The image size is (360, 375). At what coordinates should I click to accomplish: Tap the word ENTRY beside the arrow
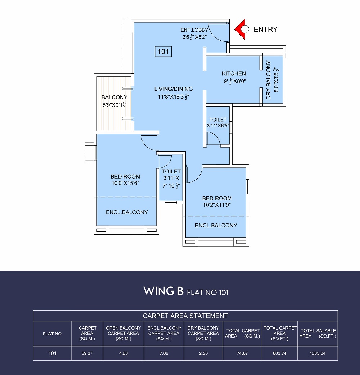tap(266, 29)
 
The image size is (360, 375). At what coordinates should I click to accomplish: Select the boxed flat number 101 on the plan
tap(163, 51)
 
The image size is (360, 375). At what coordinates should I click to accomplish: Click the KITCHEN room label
tap(234, 73)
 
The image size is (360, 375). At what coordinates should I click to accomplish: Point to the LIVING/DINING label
tap(174, 89)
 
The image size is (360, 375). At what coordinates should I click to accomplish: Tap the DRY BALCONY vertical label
tap(269, 80)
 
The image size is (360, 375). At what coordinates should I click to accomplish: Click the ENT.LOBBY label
tap(194, 30)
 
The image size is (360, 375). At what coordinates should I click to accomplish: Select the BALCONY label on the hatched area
tap(114, 97)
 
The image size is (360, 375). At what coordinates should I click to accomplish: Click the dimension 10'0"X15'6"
tap(125, 183)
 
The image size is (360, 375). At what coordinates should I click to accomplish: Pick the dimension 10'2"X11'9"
tap(217, 205)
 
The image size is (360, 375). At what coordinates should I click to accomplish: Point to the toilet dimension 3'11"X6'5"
tap(218, 126)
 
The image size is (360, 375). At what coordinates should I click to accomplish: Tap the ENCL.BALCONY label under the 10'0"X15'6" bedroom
tap(127, 212)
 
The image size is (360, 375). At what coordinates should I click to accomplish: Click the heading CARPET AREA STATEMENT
tap(185, 316)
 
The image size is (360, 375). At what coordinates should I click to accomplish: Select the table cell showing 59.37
tap(87, 353)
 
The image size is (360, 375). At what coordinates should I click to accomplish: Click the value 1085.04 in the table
tap(318, 353)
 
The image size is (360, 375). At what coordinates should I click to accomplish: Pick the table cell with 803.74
tap(280, 353)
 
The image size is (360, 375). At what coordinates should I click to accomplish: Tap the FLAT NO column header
tap(52, 334)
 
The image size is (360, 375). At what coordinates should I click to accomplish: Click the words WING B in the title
tap(163, 291)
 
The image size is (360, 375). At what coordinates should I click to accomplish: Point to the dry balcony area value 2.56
tap(203, 353)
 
